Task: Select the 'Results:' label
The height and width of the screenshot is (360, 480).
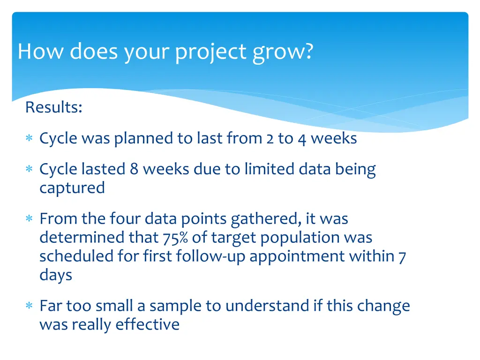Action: (x=54, y=107)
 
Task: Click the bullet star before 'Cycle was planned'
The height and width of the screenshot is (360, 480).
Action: (x=29, y=139)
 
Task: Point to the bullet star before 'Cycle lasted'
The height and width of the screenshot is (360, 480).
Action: (x=29, y=170)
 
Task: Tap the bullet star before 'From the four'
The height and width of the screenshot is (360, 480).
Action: (x=29, y=219)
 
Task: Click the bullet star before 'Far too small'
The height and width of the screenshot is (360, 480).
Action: (x=29, y=307)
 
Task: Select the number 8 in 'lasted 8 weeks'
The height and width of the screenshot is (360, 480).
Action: (x=134, y=169)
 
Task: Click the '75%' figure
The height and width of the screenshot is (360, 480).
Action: (x=176, y=238)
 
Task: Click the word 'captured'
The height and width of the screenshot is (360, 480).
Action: (x=72, y=188)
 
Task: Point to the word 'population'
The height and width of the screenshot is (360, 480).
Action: (x=300, y=238)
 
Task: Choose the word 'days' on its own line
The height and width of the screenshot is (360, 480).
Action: (x=56, y=275)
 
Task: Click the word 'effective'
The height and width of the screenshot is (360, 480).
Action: (x=148, y=324)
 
